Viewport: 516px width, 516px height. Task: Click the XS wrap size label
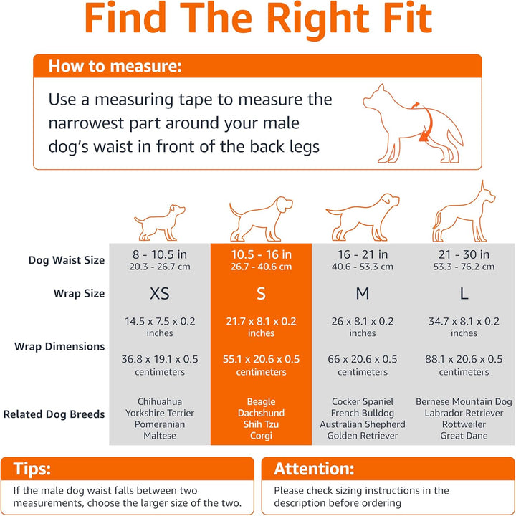(x=160, y=294)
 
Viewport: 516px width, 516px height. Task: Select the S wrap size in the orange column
(x=261, y=294)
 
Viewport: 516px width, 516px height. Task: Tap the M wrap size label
(x=363, y=294)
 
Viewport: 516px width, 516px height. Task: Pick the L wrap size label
(x=464, y=294)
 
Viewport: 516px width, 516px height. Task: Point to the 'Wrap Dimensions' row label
(x=59, y=346)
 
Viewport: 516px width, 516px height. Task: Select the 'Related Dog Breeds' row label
(x=54, y=414)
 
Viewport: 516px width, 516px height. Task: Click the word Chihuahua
(x=160, y=402)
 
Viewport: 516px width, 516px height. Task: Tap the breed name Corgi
(x=261, y=436)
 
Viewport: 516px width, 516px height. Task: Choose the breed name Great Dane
(x=464, y=436)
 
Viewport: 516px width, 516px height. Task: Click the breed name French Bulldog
(x=363, y=414)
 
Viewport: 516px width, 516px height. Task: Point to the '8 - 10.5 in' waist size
(x=160, y=254)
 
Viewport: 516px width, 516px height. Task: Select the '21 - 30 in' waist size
(x=464, y=254)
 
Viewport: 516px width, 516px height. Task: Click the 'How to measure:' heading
(x=115, y=67)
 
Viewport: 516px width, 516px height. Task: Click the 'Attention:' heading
(x=314, y=469)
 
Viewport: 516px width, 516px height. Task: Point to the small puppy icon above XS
(x=160, y=221)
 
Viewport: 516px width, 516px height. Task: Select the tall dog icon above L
(x=464, y=212)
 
